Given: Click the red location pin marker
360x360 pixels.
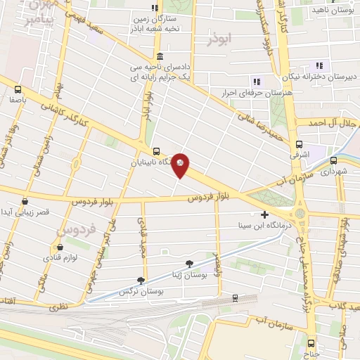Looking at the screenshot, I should coord(181,165).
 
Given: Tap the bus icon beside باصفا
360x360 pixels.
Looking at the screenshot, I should coord(18,89).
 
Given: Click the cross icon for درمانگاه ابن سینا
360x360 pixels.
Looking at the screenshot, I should coord(264,214).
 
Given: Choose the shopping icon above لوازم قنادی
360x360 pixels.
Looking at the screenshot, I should coord(60,247).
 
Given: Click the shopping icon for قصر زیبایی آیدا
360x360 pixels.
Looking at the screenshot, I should coord(25,202).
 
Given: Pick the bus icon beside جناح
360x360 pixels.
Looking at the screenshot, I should coord(311,343).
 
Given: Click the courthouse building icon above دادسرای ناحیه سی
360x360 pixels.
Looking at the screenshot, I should coord(161,56).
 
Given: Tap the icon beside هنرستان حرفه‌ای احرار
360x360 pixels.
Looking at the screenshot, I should coord(257,82).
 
